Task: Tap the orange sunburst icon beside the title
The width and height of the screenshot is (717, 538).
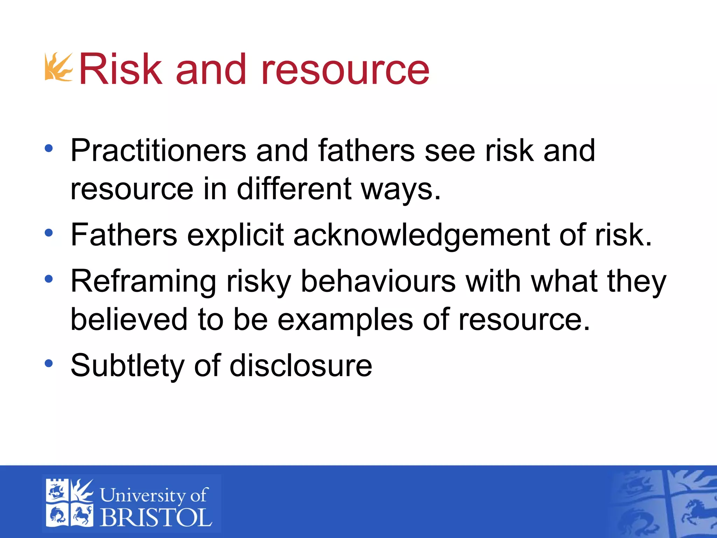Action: pyautogui.click(x=58, y=67)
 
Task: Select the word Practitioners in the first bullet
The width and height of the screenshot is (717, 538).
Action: pyautogui.click(x=158, y=151)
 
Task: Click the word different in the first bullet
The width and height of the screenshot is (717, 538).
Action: pyautogui.click(x=294, y=189)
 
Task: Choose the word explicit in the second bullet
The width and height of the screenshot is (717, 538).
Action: pyautogui.click(x=235, y=235)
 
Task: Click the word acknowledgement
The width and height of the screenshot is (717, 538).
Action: pyautogui.click(x=421, y=235)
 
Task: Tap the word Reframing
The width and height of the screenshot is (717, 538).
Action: pyautogui.click(x=144, y=282)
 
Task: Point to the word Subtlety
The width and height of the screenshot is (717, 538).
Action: pyautogui.click(x=127, y=366)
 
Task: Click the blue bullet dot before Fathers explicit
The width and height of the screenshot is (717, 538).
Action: pyautogui.click(x=49, y=233)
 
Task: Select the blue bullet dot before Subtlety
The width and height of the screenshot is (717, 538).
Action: pyautogui.click(x=49, y=363)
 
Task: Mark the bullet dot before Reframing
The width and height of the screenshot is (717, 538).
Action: pyautogui.click(x=49, y=279)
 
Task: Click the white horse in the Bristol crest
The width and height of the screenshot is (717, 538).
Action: pyautogui.click(x=83, y=515)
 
